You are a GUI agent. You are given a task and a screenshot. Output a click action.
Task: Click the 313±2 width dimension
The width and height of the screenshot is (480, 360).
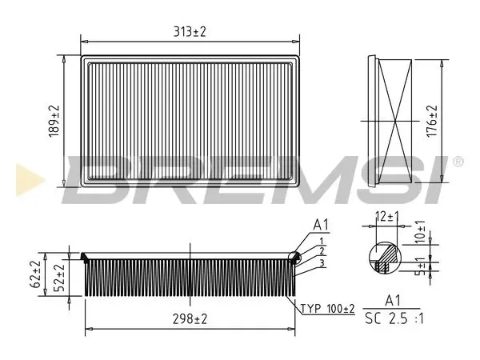190,32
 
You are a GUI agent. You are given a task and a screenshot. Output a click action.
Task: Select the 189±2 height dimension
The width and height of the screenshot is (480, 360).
54,122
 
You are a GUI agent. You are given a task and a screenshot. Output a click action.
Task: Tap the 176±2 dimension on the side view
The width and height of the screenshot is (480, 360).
432,122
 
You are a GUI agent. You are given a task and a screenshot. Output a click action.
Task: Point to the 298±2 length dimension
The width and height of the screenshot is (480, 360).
190,319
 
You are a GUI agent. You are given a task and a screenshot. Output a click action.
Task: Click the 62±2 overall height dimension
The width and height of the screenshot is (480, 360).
35,274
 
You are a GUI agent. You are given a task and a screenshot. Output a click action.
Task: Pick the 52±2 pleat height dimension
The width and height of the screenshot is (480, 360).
60,277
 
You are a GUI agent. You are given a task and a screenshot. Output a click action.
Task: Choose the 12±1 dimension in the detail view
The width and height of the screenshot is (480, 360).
387,217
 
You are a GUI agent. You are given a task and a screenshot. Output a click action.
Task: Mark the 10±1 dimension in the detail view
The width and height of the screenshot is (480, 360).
421,232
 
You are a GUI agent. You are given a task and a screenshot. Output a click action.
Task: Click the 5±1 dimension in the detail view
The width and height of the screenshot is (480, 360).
422,266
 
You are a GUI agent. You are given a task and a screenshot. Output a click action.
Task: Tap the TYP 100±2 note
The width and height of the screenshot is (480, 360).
327,309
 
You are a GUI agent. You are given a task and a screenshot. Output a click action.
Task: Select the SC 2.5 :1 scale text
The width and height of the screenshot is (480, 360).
394,318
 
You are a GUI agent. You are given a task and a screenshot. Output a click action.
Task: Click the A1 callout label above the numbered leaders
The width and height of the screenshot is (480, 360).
321,225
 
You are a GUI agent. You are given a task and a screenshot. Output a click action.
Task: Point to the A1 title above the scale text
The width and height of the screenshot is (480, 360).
393,301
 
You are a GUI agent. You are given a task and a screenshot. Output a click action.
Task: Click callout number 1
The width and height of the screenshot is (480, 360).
322,241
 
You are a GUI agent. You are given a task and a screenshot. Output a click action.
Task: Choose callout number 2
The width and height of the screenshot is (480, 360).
322,251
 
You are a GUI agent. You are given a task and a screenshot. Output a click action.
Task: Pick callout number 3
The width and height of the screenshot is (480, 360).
322,263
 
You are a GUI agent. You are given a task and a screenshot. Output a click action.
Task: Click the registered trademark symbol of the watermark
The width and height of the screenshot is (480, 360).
458,162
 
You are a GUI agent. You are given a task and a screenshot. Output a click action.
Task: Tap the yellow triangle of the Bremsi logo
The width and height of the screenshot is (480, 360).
29,180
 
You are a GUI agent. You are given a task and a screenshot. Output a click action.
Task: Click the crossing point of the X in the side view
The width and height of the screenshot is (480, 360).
395,122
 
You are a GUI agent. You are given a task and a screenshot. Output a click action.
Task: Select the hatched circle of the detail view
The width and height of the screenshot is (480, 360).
385,258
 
